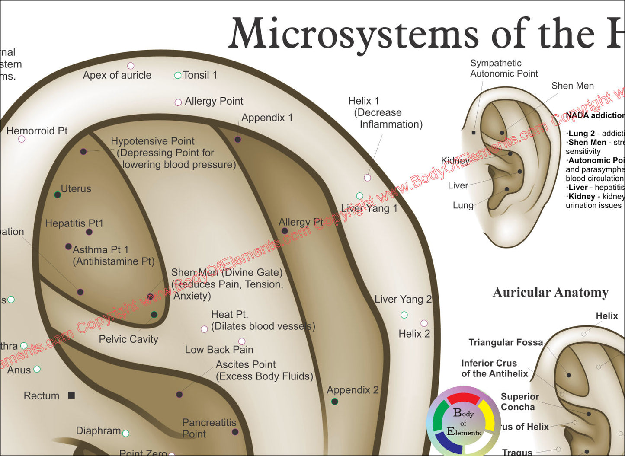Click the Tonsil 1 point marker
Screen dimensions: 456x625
177,75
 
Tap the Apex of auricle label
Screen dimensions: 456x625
117,75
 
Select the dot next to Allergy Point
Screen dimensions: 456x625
178,102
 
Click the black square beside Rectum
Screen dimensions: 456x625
72,395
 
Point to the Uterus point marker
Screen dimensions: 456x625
58,195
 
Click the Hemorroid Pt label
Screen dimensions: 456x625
37,131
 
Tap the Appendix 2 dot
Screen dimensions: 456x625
334,402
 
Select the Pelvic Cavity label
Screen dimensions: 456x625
128,339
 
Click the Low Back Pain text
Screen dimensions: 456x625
219,350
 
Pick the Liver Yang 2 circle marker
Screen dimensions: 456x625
404,315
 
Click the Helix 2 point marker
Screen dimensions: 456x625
424,323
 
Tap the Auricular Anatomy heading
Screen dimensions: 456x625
550,293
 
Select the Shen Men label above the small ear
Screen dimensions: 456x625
572,86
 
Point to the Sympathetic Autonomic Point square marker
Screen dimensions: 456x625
474,133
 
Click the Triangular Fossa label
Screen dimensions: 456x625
505,342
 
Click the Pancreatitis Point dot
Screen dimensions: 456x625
235,432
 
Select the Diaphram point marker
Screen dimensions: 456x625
125,433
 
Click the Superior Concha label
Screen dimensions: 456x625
519,402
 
